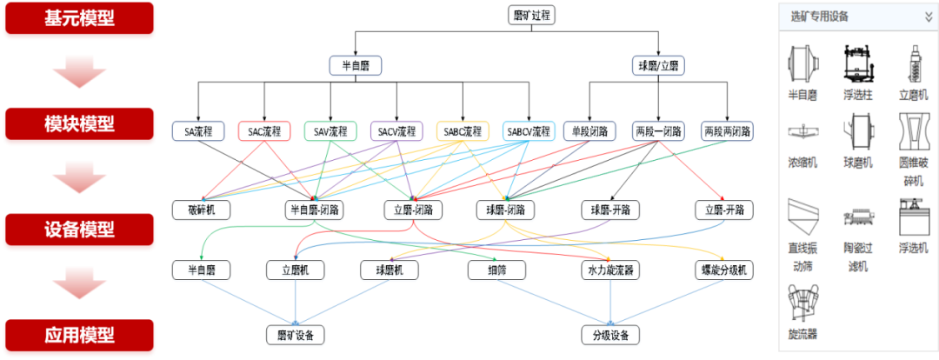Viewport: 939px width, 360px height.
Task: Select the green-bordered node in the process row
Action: (330, 132)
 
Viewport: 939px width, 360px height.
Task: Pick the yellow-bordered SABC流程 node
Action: (463, 132)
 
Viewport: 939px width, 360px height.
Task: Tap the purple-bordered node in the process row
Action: (396, 132)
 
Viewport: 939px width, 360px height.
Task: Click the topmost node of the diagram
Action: (531, 17)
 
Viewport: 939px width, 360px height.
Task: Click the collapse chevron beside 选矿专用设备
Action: (928, 17)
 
